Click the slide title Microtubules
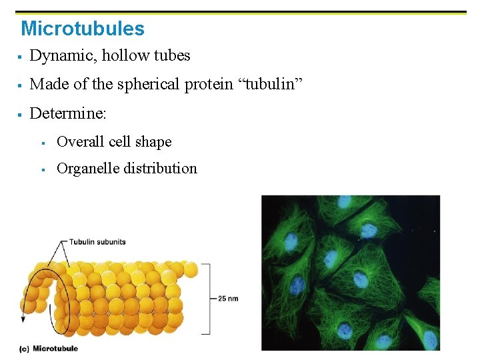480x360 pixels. click(x=83, y=29)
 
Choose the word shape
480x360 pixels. click(x=153, y=142)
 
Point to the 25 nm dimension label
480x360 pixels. click(x=228, y=298)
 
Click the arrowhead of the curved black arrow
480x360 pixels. click(x=23, y=319)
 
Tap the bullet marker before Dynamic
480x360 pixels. click(x=21, y=57)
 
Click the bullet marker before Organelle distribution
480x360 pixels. click(x=43, y=169)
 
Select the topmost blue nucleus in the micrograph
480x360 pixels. click(x=344, y=201)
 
